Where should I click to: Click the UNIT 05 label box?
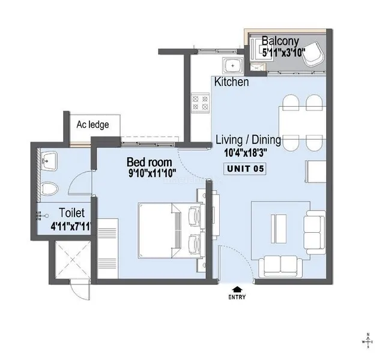point(245,169)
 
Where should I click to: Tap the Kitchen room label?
point(231,82)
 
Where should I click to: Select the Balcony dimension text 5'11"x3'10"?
point(283,52)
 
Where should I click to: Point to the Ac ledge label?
point(92,125)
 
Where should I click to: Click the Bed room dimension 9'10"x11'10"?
point(152,173)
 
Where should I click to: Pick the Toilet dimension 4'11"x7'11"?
point(71,226)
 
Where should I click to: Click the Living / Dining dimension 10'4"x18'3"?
point(246,153)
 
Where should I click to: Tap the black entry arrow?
point(237,290)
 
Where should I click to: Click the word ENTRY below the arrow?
point(237,297)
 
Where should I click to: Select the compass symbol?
point(368,341)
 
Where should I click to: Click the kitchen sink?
point(232,65)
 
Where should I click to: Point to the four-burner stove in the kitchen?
point(200,103)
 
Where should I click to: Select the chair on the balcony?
point(312,54)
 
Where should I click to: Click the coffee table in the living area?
point(279,229)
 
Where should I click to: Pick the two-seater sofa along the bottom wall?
point(280,266)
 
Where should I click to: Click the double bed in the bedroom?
point(171,230)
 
